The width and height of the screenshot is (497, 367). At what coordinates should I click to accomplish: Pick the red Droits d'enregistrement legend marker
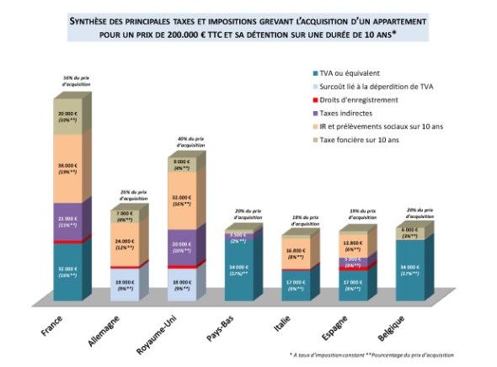click(313, 100)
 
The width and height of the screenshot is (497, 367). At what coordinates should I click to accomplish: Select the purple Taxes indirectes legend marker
click(313, 113)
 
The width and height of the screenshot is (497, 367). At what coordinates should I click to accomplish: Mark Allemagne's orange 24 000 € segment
click(124, 243)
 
